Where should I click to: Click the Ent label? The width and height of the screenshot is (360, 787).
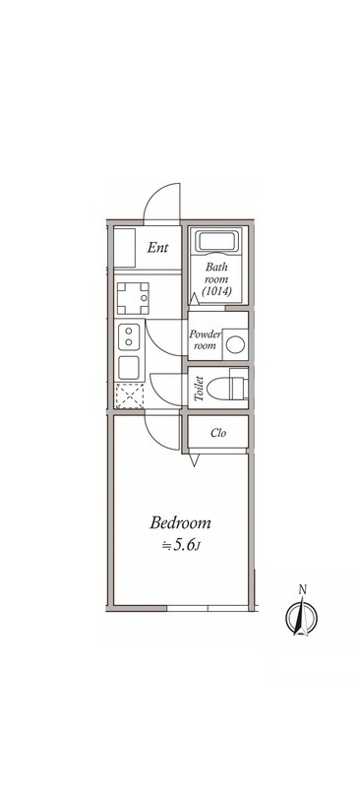point(157,248)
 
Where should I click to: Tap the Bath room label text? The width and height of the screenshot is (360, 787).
point(216,272)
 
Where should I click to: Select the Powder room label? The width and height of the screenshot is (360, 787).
point(205,339)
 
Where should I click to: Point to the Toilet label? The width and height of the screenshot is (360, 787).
point(199,390)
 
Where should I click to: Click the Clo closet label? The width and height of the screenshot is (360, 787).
point(218,432)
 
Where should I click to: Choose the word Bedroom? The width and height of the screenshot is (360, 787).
point(180,523)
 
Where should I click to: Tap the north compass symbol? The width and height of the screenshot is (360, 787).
point(302,617)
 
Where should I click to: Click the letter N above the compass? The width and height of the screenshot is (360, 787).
point(302,589)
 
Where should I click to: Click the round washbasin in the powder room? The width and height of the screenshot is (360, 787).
point(235,344)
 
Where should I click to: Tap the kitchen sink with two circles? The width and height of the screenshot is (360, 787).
point(129,336)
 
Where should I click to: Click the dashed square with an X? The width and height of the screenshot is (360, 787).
point(129,395)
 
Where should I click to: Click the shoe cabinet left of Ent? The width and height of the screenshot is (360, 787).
point(125,248)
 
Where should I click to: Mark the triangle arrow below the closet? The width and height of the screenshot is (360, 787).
point(195,460)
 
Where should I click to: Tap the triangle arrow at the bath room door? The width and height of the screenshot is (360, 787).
point(194,298)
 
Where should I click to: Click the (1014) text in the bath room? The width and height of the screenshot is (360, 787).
point(216,291)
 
